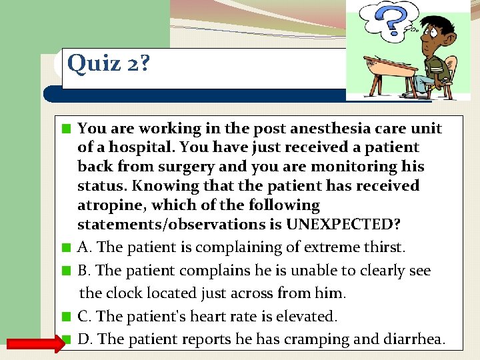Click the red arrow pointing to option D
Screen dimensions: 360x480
tap(34, 343)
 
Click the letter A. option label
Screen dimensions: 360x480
tap(85, 247)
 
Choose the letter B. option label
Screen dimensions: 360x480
tap(85, 271)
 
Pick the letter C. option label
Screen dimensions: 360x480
tap(85, 316)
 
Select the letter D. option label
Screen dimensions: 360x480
tap(85, 339)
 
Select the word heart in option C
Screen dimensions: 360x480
tap(204, 316)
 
